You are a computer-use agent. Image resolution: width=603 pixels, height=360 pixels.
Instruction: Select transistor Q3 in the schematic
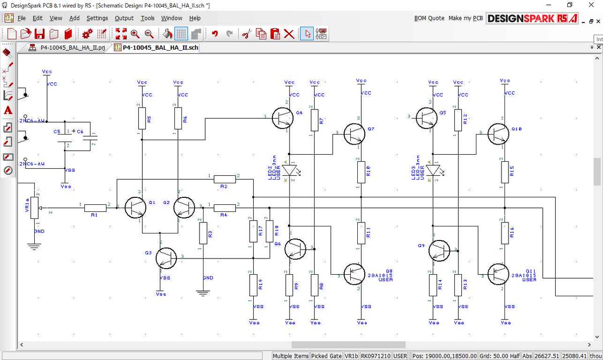tap(166, 257)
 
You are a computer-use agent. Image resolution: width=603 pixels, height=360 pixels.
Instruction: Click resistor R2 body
tap(224, 179)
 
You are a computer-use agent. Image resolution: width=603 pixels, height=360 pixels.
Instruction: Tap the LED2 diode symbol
tap(290, 171)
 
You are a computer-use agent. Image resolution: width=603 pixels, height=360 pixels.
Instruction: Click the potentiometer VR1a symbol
tap(35, 207)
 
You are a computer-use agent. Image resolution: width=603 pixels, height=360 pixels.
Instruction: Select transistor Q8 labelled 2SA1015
tap(354, 274)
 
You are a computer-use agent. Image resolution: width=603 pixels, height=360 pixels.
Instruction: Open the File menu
tap(22, 18)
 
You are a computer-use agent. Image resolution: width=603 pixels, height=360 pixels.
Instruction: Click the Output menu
tap(124, 18)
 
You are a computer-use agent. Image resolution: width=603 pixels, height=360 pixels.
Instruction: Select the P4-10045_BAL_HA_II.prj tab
tap(67, 48)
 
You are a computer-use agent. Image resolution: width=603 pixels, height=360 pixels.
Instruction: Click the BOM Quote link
tap(429, 18)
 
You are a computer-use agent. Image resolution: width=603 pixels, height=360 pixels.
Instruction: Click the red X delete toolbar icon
tap(289, 34)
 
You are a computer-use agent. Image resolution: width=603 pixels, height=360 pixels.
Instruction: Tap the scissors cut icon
tap(246, 34)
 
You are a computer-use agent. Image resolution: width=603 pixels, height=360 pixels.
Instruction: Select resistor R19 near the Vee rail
tap(251, 285)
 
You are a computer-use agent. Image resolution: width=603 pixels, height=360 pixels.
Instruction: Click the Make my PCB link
tap(465, 18)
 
